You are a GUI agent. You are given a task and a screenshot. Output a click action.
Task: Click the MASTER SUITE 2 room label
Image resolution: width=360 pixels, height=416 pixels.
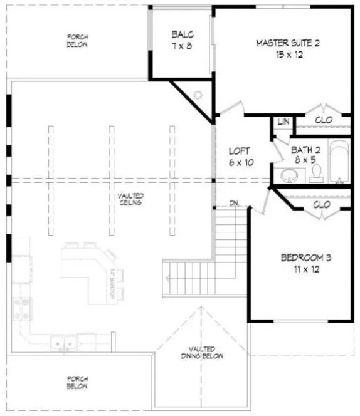point(288,43)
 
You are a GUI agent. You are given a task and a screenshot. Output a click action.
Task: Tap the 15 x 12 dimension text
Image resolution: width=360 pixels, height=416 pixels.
point(288,55)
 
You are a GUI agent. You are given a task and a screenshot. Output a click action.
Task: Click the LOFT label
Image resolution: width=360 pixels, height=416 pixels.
point(239,151)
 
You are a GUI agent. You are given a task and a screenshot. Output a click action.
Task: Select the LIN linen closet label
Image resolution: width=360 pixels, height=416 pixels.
point(282,122)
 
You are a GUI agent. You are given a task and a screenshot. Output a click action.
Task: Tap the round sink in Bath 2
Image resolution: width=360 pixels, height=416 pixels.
point(290,175)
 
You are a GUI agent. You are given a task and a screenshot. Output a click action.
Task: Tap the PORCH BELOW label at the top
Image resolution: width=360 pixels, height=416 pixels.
point(78,41)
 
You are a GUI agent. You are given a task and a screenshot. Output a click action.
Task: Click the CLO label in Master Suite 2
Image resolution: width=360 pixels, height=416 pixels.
point(323,119)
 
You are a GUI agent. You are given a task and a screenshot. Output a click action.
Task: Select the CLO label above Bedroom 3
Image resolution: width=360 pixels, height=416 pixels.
point(321,204)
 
